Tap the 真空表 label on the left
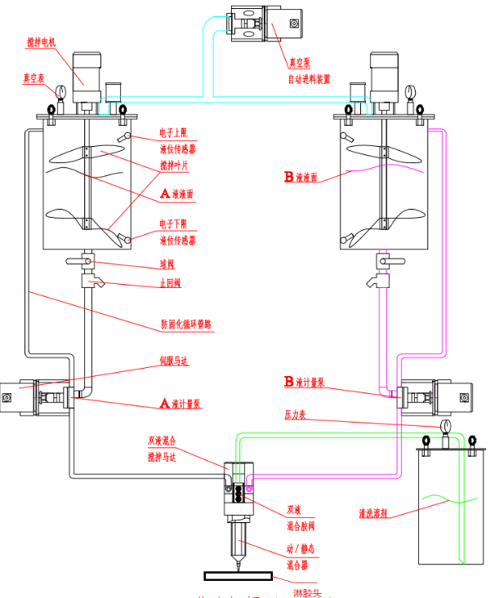coord(33,79)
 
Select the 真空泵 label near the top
coord(299,62)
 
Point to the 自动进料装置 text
coord(309,79)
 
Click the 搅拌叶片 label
coord(177,166)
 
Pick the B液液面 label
coord(301,177)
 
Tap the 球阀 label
coord(169,264)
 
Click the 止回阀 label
coord(171,285)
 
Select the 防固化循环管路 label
coord(186,324)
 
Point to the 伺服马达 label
coord(173,360)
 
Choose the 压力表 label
coord(294,414)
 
